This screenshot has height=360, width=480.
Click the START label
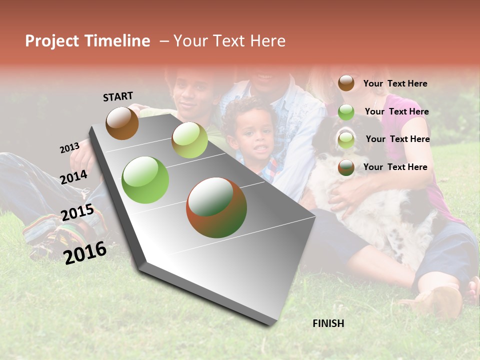tap(118, 96)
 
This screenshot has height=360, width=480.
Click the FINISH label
tap(328, 323)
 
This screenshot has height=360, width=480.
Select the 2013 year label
tap(70, 148)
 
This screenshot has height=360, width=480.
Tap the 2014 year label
tap(74, 177)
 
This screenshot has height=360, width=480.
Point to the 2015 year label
tap(77, 212)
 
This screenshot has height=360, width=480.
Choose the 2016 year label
tap(85, 252)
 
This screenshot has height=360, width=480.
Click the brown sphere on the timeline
tap(122, 123)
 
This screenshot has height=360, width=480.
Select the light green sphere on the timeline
tap(189, 140)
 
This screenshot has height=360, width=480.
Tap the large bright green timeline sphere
tap(145, 180)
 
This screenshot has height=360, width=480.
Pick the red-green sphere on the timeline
tap(216, 207)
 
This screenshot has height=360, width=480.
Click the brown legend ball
tap(346, 83)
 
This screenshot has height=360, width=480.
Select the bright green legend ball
tap(346, 111)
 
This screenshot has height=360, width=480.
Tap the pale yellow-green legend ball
tap(346, 139)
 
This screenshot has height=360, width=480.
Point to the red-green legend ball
tap(346, 167)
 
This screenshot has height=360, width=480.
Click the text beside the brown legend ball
tap(395, 83)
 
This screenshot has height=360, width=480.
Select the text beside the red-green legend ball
tap(395, 167)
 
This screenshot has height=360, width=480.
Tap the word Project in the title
tap(52, 41)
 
